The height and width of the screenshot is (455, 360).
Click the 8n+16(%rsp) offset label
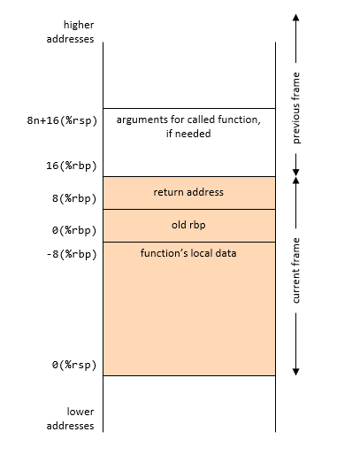pyautogui.click(x=62, y=120)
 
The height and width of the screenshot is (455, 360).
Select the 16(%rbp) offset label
pyautogui.click(x=72, y=166)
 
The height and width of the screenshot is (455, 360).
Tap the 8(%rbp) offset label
pyautogui.click(x=74, y=198)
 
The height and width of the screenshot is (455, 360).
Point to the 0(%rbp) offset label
pyautogui.click(x=74, y=230)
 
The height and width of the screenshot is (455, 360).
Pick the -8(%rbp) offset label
pyautogui.click(x=72, y=254)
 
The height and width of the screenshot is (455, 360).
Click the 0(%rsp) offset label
pyautogui.click(x=74, y=365)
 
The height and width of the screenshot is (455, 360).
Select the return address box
pyautogui.click(x=189, y=193)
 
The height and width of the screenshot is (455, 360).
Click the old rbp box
pyautogui.click(x=189, y=226)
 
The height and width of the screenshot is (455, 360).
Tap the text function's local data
pyautogui.click(x=188, y=253)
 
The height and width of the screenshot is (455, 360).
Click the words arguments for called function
pyautogui.click(x=188, y=120)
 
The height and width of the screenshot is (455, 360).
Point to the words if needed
pyautogui.click(x=188, y=134)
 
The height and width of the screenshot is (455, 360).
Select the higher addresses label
pyautogui.click(x=70, y=32)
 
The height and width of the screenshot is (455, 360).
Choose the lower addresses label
pyautogui.click(x=70, y=419)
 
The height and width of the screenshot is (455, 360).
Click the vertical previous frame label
pyautogui.click(x=295, y=108)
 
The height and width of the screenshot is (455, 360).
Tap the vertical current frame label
pyautogui.click(x=295, y=270)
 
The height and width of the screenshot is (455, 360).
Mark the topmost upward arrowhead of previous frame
pyautogui.click(x=295, y=17)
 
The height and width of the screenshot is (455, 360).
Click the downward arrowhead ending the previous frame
pyautogui.click(x=295, y=173)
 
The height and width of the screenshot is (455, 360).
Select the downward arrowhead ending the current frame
pyautogui.click(x=295, y=372)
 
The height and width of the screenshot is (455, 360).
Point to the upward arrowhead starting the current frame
pyautogui.click(x=295, y=181)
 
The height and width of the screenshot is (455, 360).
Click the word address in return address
pyautogui.click(x=205, y=192)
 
